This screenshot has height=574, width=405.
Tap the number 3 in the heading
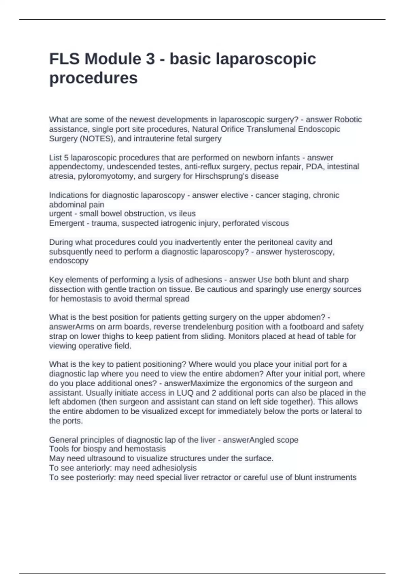(150, 59)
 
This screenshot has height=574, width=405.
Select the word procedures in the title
(93, 78)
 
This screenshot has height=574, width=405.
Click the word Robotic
(348, 120)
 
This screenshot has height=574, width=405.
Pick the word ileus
(188, 214)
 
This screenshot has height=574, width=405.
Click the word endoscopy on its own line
(69, 261)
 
